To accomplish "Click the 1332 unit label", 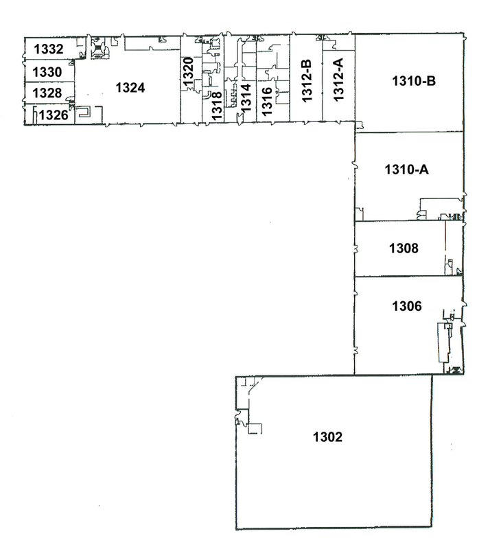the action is tap(49, 49).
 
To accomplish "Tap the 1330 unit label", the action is tap(47, 72).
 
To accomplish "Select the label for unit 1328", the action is tap(47, 93).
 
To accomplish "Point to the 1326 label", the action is tap(54, 115).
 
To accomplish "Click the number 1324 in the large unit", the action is tap(130, 88).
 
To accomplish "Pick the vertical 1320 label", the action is tap(188, 72).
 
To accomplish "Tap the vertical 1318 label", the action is tap(217, 106).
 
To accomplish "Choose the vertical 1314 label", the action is tap(246, 97).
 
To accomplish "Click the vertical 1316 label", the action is tap(267, 102).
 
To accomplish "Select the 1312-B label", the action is tap(306, 81).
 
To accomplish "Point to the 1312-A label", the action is tap(338, 80).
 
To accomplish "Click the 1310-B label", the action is tap(414, 81).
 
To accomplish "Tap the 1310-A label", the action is tap(406, 170).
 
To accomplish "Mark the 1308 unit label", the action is tap(404, 248).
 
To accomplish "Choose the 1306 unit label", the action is tap(407, 306).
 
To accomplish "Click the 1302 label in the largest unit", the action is tap(327, 437).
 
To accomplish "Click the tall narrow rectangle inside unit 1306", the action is tap(444, 342).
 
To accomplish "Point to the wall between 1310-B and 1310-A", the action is tap(409, 132).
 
